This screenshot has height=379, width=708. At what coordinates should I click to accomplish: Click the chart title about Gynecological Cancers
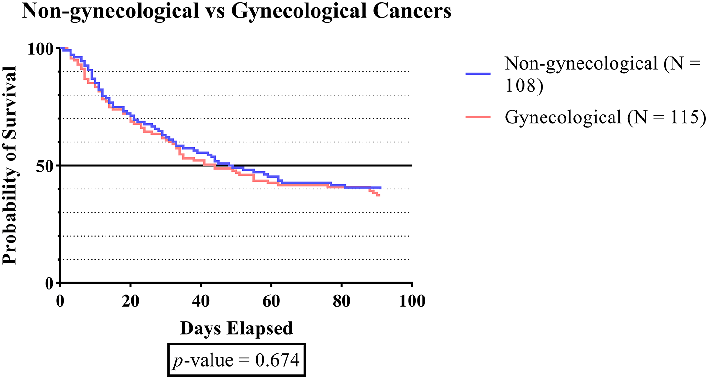click(236, 12)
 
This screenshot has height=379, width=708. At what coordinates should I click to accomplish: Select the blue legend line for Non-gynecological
click(478, 74)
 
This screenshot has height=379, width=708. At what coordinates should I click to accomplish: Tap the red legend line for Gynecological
click(478, 117)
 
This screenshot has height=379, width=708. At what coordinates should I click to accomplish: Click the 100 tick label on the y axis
click(42, 49)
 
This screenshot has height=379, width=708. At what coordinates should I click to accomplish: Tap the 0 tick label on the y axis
click(50, 283)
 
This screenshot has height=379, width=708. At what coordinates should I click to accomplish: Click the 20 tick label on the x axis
click(130, 302)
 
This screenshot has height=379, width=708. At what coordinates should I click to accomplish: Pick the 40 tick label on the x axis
click(201, 302)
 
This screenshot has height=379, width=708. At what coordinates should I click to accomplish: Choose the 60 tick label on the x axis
click(271, 302)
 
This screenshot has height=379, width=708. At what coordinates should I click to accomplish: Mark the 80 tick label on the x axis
click(342, 302)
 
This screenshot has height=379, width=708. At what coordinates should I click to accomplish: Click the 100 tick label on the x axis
click(412, 302)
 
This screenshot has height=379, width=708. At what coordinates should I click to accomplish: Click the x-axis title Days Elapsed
click(236, 329)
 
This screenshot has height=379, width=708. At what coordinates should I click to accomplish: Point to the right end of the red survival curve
click(379, 195)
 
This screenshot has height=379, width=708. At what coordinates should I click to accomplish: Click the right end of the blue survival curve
click(381, 188)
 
